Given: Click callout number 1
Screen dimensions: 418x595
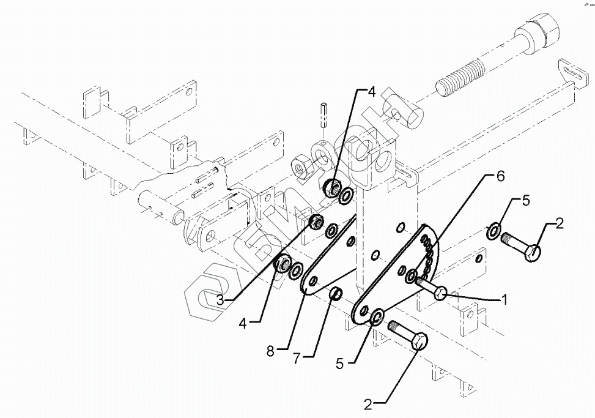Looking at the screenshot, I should click(x=505, y=300).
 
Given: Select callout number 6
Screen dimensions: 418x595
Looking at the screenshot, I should click(x=500, y=176).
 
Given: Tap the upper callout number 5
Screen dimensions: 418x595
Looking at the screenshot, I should click(x=525, y=200).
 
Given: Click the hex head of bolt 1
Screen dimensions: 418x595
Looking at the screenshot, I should click(x=441, y=293).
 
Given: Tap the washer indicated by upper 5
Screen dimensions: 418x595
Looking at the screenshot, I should click(x=493, y=232).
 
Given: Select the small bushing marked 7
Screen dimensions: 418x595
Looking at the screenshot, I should click(x=334, y=295).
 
